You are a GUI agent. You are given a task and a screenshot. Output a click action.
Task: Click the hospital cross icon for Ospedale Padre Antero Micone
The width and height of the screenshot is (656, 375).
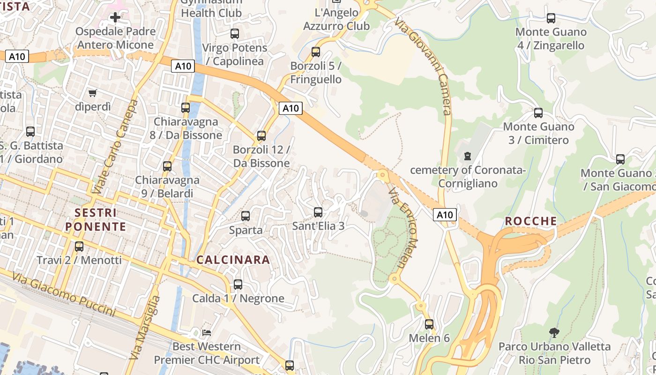pos(115,18)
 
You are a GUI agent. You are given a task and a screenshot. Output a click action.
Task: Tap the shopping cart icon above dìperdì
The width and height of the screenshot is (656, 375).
pos(92,93)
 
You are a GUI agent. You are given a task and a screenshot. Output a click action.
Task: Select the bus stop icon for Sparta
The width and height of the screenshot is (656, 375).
pos(245,216)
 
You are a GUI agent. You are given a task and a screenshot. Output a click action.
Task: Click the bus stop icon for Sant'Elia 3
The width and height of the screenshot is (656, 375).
pos(318,212)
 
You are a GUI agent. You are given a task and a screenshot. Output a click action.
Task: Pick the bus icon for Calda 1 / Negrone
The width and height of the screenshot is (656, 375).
pos(238,285)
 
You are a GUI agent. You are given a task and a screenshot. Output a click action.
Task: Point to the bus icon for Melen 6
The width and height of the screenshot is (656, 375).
pos(429,324)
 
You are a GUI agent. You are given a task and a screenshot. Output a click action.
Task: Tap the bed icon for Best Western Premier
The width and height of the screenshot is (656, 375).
pos(207,333)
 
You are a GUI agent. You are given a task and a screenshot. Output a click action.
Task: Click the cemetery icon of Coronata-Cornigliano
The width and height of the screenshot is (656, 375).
pos(467,156)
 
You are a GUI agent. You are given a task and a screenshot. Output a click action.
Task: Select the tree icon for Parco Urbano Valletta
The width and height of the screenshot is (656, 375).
pos(554,333)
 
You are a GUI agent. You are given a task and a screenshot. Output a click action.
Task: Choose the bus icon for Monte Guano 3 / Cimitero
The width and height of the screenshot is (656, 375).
pos(538,113)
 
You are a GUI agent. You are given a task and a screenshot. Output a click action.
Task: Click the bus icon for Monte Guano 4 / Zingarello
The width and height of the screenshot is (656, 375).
pos(551,18)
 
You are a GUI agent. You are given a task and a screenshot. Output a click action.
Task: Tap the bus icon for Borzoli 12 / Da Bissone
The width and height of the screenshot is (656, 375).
pos(261,136)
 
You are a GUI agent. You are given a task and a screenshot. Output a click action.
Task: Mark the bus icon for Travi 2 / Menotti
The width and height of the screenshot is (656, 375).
pos(79,246)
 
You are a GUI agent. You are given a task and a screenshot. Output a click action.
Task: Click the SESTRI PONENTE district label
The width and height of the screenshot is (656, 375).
pos(96,219)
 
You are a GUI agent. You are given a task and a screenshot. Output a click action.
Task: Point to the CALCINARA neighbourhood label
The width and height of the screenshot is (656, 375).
pos(233,260)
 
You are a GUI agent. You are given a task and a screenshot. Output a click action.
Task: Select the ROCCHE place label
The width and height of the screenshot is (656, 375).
pos(531,221)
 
